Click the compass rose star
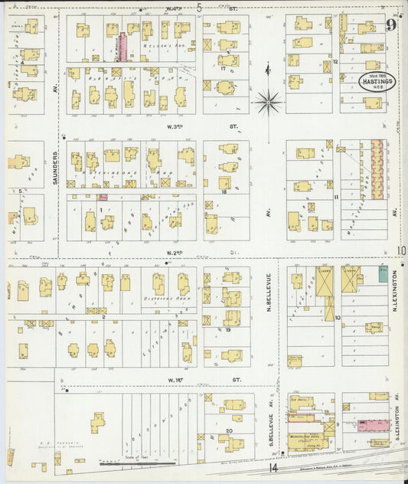pos(269,97)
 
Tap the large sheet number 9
pos(391,26)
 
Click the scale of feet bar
pos(126,463)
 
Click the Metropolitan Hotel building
pos(310,427)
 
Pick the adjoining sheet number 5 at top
pos(200,8)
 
